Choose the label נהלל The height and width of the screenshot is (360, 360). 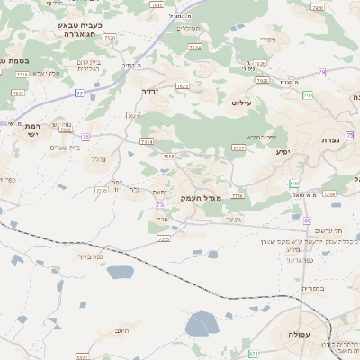[98, 159]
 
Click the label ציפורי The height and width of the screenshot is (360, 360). [267, 39]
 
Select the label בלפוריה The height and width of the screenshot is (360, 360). [311, 288]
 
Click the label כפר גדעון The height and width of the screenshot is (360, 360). [299, 259]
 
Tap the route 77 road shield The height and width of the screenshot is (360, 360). [79, 93]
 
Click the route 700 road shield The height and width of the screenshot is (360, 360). [308, 94]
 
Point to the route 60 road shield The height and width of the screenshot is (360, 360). [307, 220]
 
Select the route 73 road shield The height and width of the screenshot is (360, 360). [159, 204]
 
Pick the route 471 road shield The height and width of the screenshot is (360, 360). [253, 353]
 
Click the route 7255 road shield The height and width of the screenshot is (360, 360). [163, 238]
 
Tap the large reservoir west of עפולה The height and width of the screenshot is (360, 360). [200, 324]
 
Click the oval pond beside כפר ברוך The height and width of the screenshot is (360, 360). [120, 271]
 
